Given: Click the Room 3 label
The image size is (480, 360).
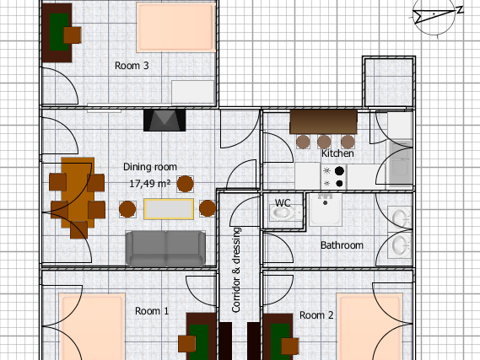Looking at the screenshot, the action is [x=132, y=66].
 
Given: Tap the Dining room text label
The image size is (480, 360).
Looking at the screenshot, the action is [x=150, y=167].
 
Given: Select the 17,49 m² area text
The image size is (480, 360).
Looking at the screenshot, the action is [x=149, y=184].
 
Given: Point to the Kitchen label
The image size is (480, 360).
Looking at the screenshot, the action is [x=337, y=153].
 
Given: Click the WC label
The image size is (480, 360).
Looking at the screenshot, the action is [x=283, y=203].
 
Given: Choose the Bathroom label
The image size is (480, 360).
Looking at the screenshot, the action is [x=342, y=245].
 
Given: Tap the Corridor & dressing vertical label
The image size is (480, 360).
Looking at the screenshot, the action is [x=236, y=270].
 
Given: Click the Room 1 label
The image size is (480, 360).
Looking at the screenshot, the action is [x=152, y=311].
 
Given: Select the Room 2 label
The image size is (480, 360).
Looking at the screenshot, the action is [x=316, y=315].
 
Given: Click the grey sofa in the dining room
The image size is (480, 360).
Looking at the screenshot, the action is [x=165, y=248].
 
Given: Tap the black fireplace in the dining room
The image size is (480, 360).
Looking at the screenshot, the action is [x=164, y=121].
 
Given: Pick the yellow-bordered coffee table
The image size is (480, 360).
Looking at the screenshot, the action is [x=169, y=209].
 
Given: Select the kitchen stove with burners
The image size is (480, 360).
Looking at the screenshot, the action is [x=334, y=176].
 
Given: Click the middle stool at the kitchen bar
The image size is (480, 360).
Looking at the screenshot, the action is [x=324, y=142].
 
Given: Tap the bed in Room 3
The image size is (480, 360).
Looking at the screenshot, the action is [x=175, y=27].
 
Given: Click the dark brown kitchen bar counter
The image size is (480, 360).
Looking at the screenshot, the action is [x=324, y=121].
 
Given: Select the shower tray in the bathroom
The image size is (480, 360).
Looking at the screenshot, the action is [x=325, y=209].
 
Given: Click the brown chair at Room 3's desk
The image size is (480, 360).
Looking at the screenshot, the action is [x=73, y=35].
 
